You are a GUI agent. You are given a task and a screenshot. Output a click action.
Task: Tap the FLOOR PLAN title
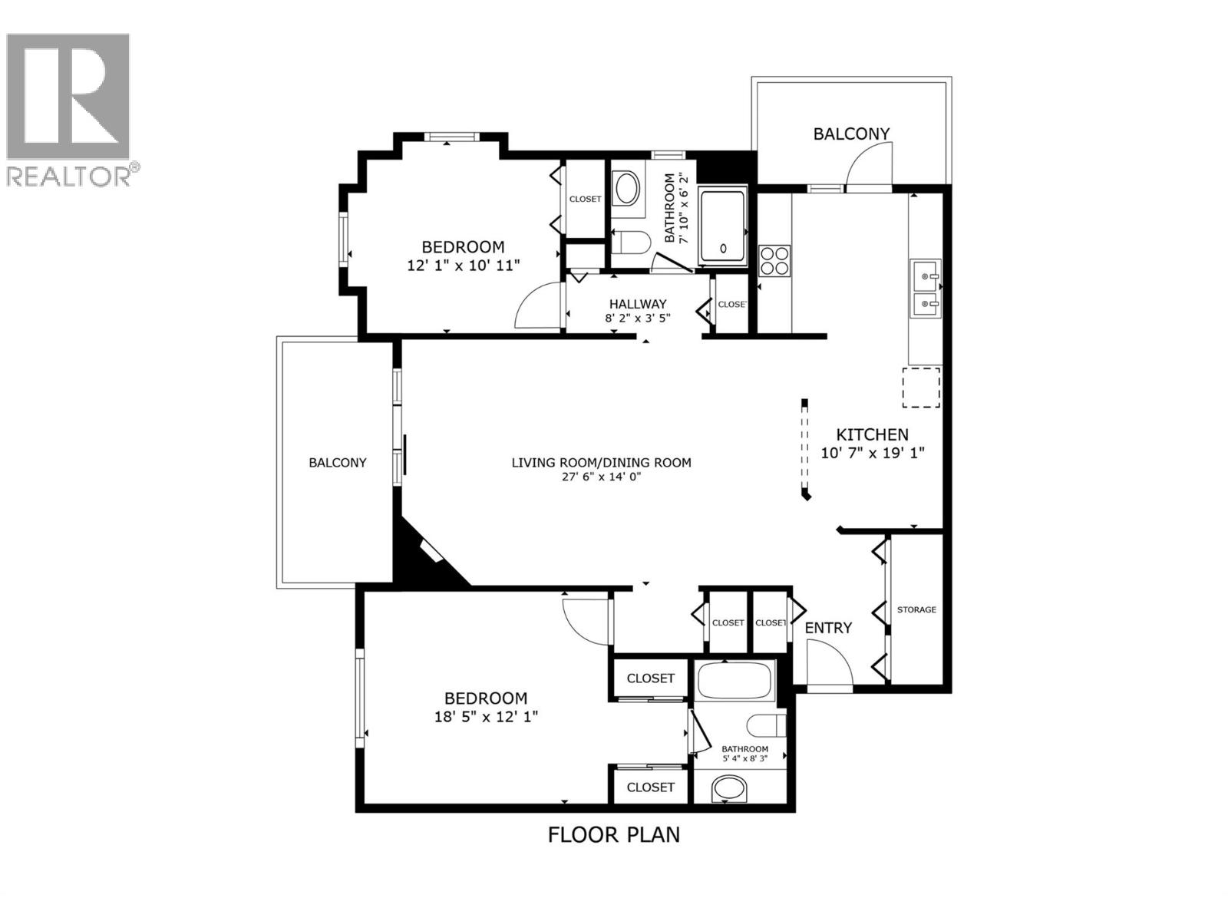[613, 834]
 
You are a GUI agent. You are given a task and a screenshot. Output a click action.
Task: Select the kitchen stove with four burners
[774, 260]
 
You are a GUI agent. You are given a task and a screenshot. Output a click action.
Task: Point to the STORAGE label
[916, 609]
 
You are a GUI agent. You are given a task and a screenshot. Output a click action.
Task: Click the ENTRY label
[828, 628]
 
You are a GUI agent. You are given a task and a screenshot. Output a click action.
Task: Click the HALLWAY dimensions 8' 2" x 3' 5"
[638, 318]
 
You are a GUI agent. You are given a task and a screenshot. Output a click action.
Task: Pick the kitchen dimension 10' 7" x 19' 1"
[872, 453]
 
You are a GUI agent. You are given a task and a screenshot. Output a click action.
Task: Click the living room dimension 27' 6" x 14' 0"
[601, 477]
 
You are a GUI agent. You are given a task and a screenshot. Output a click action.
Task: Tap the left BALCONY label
[338, 462]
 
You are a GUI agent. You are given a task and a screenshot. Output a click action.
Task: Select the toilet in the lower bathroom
[766, 725]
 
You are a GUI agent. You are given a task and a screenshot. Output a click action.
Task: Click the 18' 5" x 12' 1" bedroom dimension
[486, 717]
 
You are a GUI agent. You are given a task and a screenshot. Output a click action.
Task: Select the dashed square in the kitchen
[920, 388]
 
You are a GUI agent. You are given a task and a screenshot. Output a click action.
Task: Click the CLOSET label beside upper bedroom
[585, 199]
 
